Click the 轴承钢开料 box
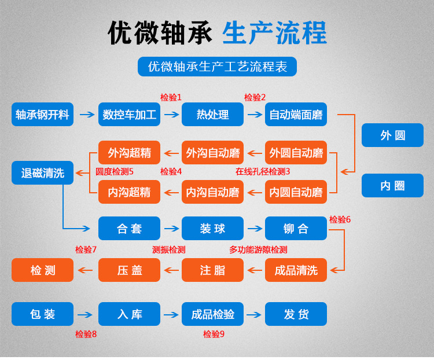click(42, 115)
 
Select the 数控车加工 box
click(129, 115)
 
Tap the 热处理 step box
click(212, 115)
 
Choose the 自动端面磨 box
click(296, 115)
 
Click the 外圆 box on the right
click(392, 136)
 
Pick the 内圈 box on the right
click(392, 186)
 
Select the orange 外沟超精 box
click(129, 153)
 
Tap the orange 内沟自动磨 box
click(212, 192)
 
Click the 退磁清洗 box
click(42, 173)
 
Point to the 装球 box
click(212, 229)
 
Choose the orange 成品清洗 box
click(296, 270)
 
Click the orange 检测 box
click(42, 270)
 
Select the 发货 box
click(296, 314)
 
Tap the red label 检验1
click(171, 97)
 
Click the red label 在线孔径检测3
click(263, 171)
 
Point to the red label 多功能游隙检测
click(258, 249)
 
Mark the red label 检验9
click(214, 334)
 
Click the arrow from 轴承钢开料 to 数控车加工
click(86, 115)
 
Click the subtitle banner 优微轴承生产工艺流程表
click(217, 67)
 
